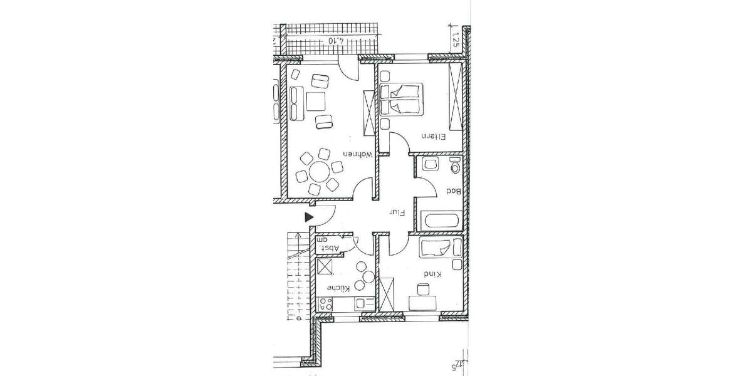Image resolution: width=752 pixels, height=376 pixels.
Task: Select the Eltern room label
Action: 432,143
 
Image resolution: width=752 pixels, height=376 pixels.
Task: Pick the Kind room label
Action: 432,274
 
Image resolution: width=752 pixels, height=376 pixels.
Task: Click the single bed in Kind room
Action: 441,248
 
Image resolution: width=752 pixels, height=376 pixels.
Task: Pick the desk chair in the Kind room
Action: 424,289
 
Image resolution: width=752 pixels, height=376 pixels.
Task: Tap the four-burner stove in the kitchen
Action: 325,304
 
